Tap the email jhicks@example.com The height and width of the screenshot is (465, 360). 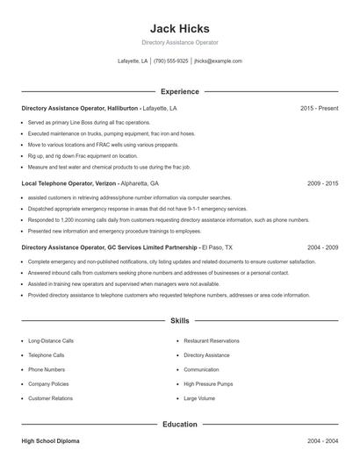[218, 61]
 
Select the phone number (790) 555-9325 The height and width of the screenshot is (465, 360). [170, 61]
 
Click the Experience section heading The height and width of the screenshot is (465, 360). [179, 91]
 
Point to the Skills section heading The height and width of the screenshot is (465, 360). [179, 322]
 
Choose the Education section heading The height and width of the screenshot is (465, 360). [179, 424]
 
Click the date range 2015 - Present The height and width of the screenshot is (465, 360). [319, 108]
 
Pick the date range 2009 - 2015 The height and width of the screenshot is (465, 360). [322, 184]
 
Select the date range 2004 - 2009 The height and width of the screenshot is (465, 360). [322, 248]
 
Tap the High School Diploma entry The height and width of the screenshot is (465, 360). [49, 440]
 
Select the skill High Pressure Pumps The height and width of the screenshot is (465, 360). [206, 383]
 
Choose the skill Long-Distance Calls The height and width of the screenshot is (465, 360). [52, 340]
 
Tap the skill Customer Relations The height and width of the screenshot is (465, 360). [50, 398]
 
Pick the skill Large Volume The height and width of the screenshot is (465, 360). [199, 398]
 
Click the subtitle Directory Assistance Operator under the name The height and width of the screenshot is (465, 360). [179, 42]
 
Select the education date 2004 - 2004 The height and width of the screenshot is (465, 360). [322, 440]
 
